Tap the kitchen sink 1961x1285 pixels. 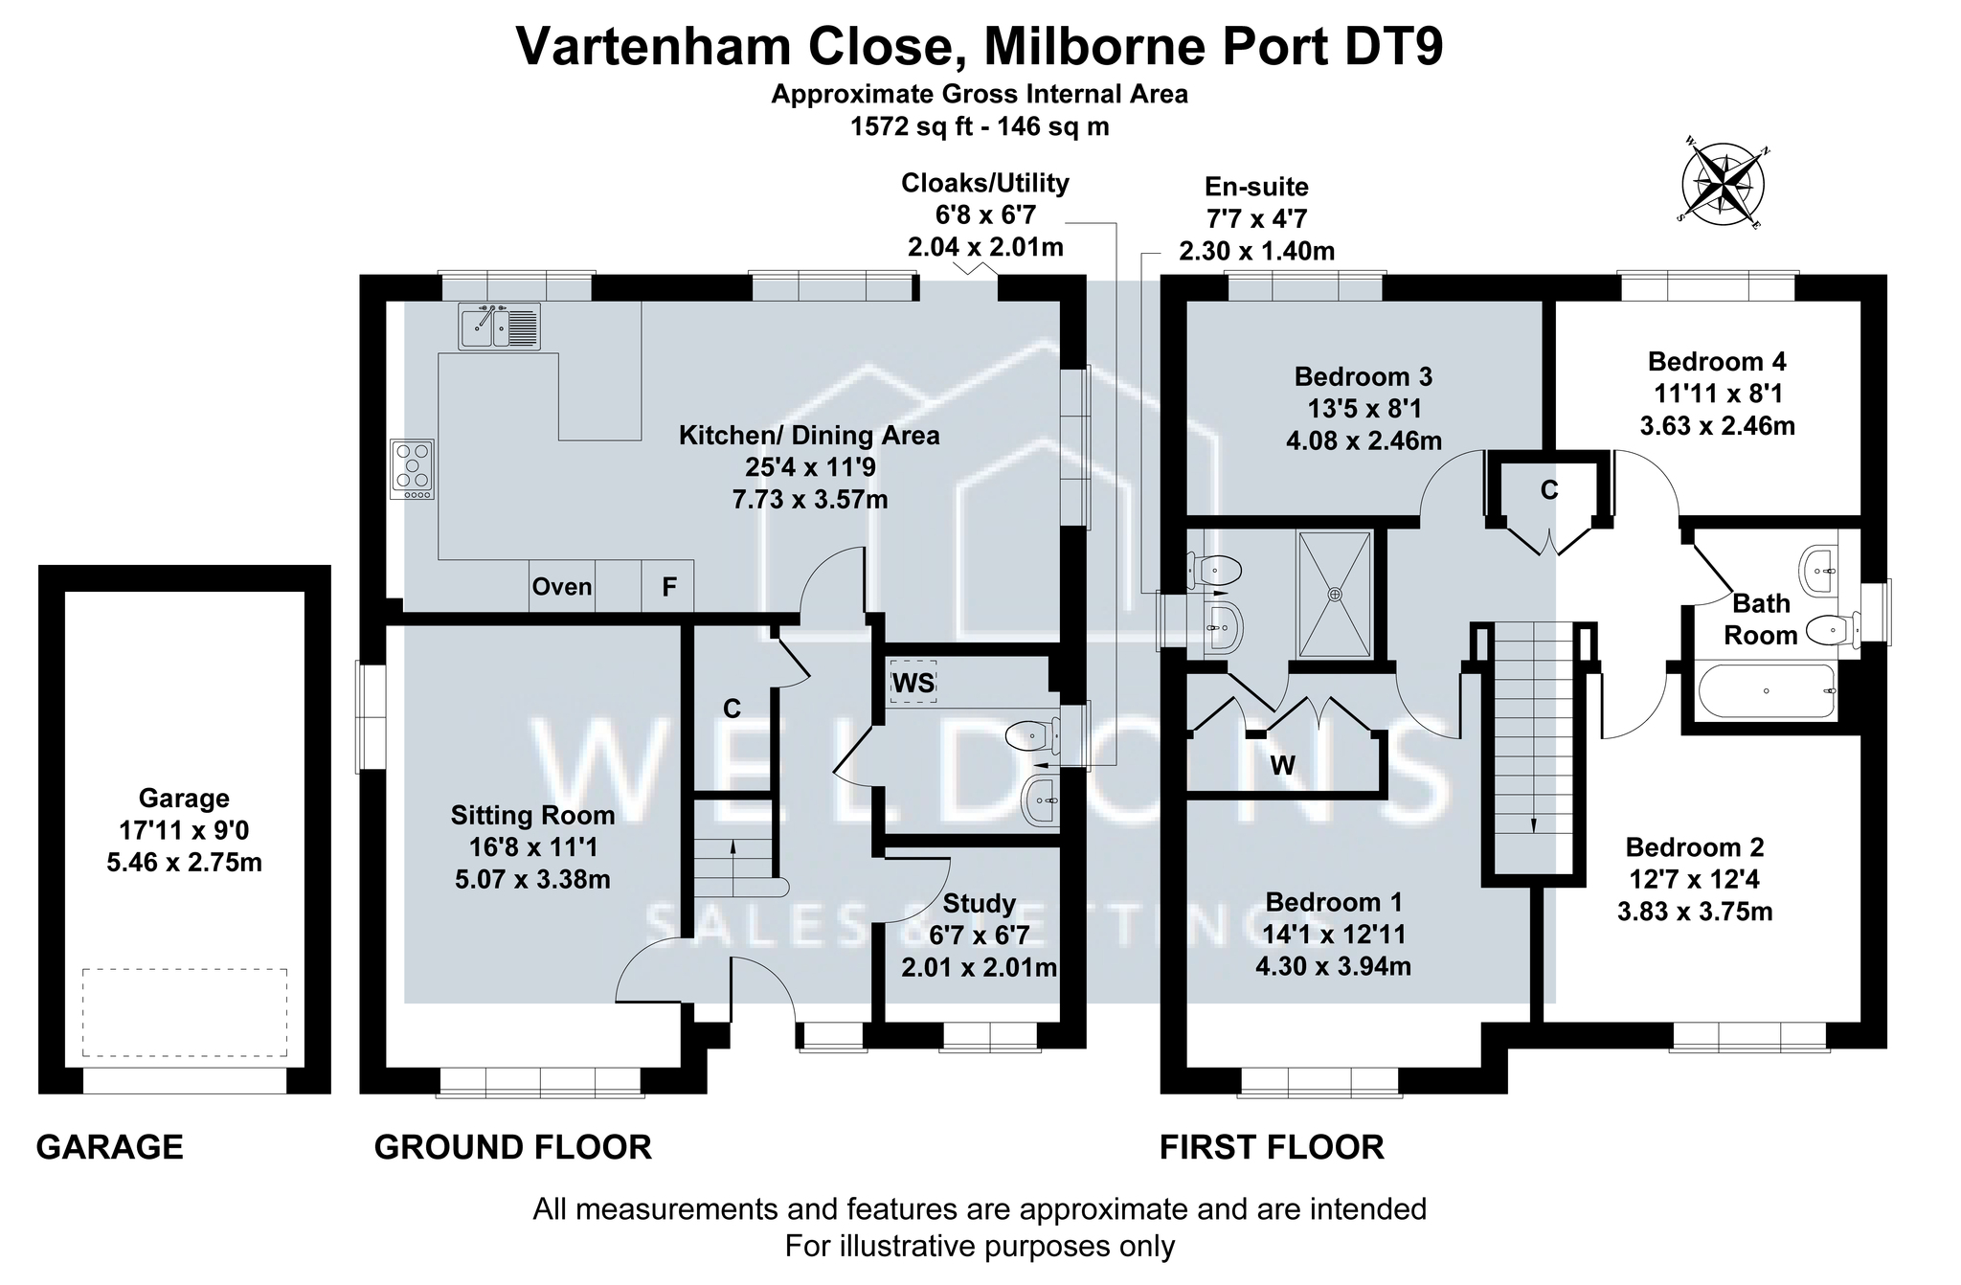coord(499,326)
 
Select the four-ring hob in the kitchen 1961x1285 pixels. coord(413,469)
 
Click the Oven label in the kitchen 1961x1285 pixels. coord(562,587)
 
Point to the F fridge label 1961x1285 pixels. coord(669,587)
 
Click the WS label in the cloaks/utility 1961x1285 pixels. coord(913,683)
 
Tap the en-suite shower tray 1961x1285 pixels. coord(1335,594)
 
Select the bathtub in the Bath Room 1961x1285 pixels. coord(1767,690)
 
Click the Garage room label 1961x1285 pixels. coord(184,799)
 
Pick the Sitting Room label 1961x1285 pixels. coord(532,815)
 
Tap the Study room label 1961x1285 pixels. coord(979,904)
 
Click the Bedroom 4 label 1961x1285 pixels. coord(1717,362)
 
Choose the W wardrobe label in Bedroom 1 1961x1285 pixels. coord(1282,765)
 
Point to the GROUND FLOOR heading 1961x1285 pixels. coord(512,1147)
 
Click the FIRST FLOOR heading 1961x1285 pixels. coord(1272,1147)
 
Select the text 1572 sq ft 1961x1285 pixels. coord(909,126)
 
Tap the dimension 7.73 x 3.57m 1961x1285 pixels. coord(810,500)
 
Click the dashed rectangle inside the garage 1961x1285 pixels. coord(184,1012)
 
